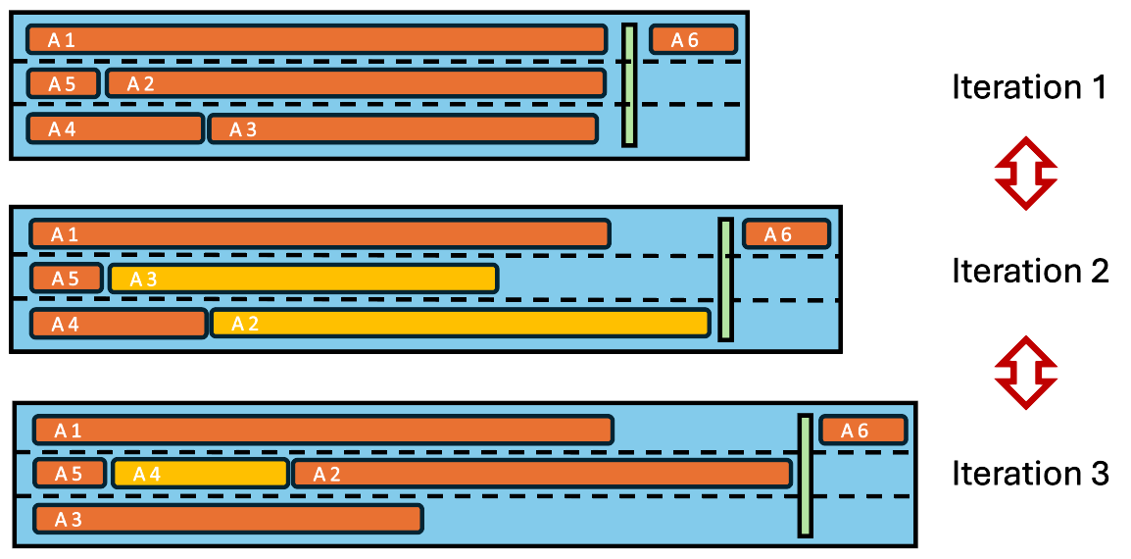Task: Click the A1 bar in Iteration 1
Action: (x=316, y=40)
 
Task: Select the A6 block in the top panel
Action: (x=692, y=39)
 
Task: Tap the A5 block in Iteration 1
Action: (x=63, y=83)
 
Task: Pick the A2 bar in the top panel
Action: (x=355, y=83)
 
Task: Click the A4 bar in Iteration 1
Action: (x=115, y=128)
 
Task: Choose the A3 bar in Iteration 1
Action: (x=402, y=128)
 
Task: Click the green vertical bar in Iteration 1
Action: (x=629, y=85)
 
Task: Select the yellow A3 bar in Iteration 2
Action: (x=304, y=279)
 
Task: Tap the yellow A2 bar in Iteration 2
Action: (x=459, y=323)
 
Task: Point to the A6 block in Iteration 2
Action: (x=786, y=234)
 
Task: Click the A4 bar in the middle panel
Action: (x=119, y=323)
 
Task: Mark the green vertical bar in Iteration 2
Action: (x=725, y=279)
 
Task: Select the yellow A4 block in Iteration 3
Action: (x=200, y=474)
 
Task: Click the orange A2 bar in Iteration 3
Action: (x=541, y=474)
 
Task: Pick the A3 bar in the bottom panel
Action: (x=227, y=519)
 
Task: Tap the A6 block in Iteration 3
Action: (x=862, y=431)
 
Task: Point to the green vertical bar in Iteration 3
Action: (x=805, y=476)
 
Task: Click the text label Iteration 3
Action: (x=1029, y=474)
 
